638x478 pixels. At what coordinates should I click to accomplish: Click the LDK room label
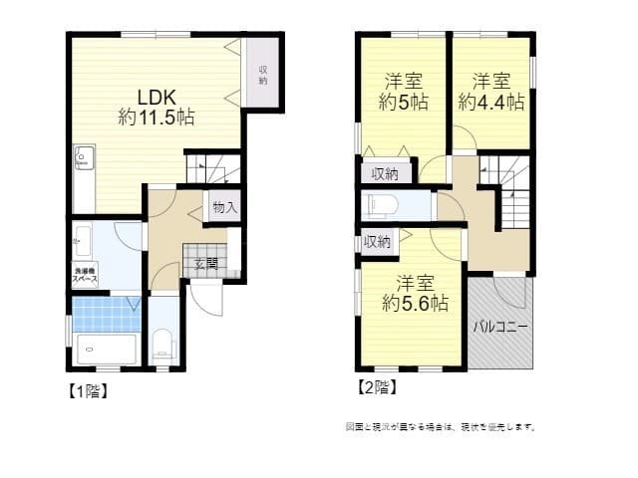coord(157,98)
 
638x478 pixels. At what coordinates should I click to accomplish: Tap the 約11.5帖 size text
coord(157,118)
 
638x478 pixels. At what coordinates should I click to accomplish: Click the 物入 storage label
coord(224,207)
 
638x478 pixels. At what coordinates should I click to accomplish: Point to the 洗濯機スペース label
coord(84,275)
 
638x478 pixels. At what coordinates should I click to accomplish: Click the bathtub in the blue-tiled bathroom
coord(105,351)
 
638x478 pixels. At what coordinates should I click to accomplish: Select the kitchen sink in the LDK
coord(84,157)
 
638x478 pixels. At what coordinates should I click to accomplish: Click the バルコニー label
coord(499,327)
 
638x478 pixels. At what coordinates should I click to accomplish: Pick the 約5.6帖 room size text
coord(415,304)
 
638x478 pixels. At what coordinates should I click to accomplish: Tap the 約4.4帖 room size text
coord(491,102)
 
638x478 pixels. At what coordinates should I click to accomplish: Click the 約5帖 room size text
coord(404,102)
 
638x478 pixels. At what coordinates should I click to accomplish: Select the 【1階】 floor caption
coord(87,391)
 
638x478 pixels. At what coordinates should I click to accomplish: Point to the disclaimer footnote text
coord(441,426)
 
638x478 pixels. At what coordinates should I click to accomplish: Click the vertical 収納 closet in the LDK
coord(263,75)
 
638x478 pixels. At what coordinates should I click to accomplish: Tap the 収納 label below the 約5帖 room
coord(385,173)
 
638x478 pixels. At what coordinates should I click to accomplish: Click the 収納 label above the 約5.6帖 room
coord(377,241)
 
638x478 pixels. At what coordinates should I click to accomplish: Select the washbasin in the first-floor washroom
coord(82,240)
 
